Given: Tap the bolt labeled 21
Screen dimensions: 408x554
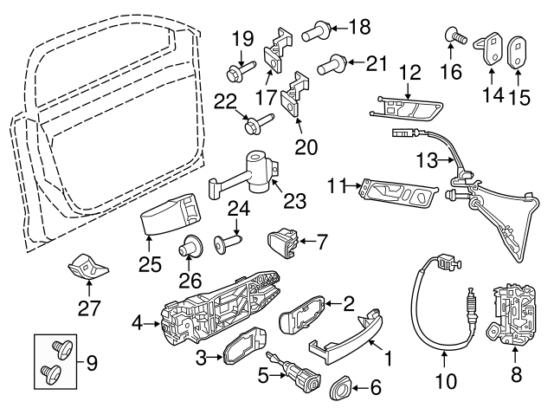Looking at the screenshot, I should tap(332, 62).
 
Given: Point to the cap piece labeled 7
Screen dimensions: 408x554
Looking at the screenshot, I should tap(282, 240).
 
